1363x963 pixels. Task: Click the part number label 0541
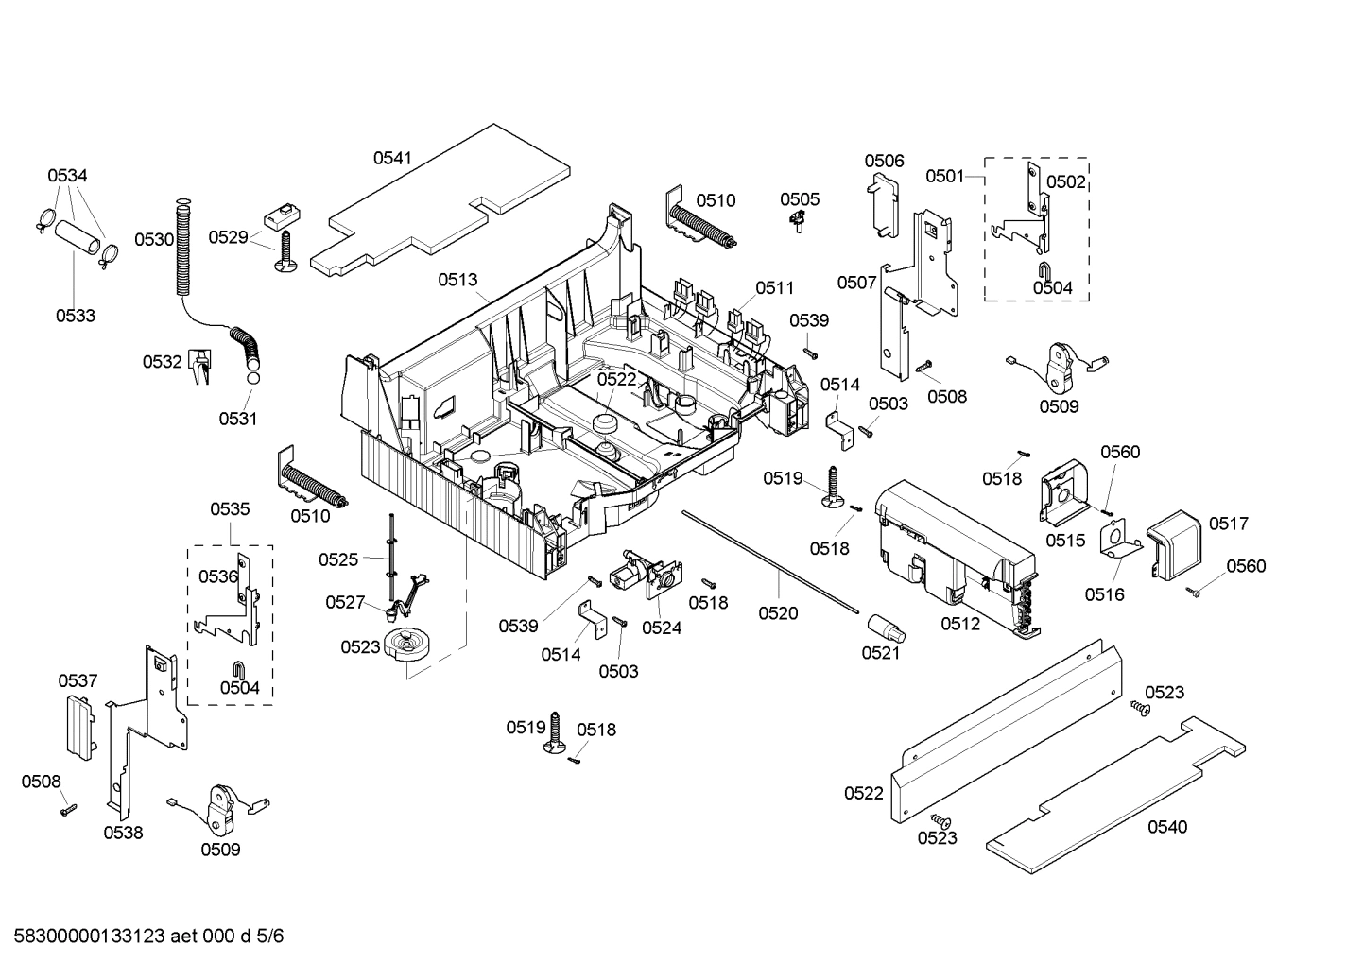[391, 159]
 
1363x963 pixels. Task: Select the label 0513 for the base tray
[457, 280]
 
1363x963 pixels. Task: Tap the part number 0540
[1167, 827]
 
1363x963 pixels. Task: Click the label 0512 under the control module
[960, 623]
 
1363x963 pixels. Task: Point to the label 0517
[1229, 524]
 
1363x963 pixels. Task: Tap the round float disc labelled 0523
[409, 646]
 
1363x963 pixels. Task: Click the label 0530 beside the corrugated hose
[153, 239]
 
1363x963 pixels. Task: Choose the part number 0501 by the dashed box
[944, 176]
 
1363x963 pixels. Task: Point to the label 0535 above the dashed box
[230, 509]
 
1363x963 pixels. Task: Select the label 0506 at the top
[884, 161]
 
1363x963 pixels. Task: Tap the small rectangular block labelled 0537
[79, 724]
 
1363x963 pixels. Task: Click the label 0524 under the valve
[662, 627]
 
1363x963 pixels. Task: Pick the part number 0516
[1103, 594]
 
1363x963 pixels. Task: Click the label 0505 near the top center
[800, 199]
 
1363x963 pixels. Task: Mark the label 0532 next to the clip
[162, 361]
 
